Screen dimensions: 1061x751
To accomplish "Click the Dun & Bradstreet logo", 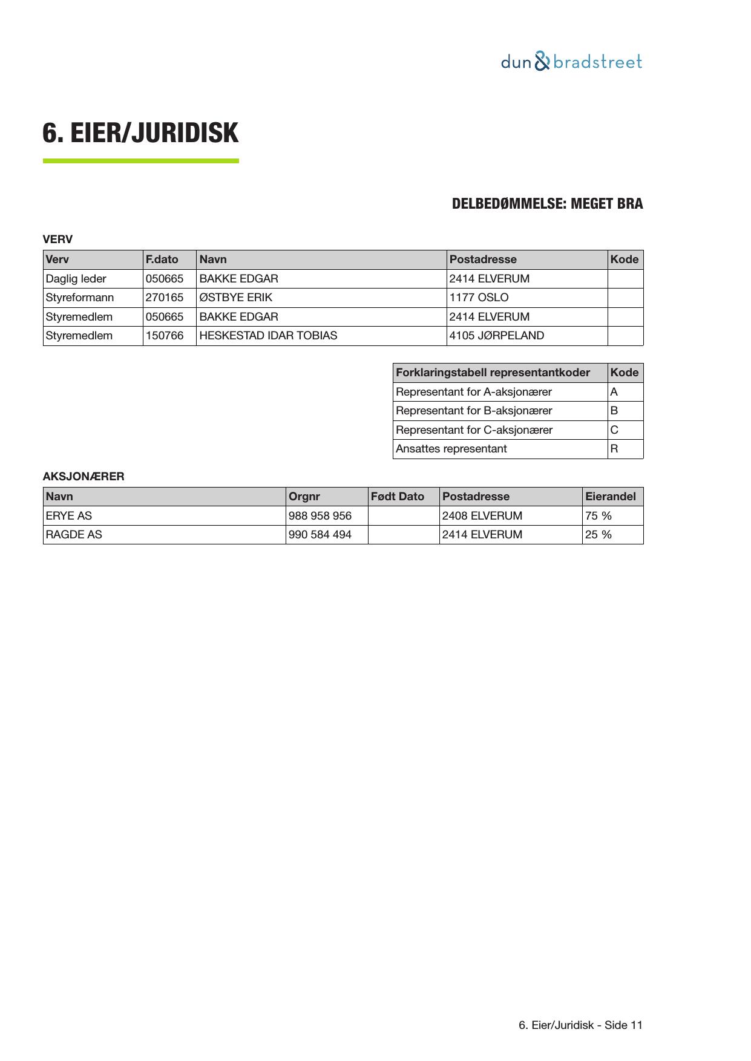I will tap(571, 62).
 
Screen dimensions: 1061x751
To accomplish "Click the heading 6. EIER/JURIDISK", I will tap(140, 133).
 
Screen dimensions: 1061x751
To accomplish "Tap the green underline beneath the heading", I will tap(140, 161).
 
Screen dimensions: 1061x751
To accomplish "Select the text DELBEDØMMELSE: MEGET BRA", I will tap(547, 204).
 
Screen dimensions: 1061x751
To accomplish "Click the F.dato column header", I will tap(162, 260).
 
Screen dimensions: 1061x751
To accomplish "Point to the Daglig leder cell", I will tap(76, 279).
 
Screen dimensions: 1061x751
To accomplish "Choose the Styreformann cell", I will tap(80, 298).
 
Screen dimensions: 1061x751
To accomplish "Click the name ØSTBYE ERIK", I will tap(236, 298).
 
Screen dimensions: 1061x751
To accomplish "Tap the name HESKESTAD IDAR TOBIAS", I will tap(268, 336).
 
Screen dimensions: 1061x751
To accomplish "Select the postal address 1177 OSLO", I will tap(479, 298).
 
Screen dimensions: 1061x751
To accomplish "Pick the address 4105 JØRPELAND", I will tap(497, 336).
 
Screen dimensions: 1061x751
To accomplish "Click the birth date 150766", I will tap(165, 336).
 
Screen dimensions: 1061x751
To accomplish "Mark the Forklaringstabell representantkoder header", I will tap(493, 373).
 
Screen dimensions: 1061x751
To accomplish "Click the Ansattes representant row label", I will tap(451, 449).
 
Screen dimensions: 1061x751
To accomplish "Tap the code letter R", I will tap(614, 449).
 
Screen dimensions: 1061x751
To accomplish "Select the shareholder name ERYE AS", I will tap(69, 516).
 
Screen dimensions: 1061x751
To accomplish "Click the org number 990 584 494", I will tap(320, 535).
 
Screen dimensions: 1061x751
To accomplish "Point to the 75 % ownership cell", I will tap(599, 516).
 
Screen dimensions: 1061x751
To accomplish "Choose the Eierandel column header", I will tap(611, 497).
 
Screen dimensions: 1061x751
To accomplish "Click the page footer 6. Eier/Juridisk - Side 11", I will tap(580, 1025).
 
